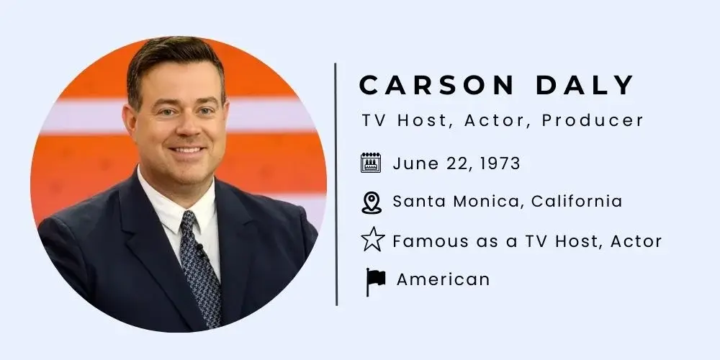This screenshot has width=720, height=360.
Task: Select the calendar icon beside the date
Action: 371,163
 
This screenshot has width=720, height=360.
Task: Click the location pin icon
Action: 371,202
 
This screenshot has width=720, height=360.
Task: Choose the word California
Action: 577,201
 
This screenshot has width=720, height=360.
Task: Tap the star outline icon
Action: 372,240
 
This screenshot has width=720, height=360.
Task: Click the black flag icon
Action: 374,280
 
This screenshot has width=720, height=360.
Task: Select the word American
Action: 443,279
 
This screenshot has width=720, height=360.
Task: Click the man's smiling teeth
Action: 187,150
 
